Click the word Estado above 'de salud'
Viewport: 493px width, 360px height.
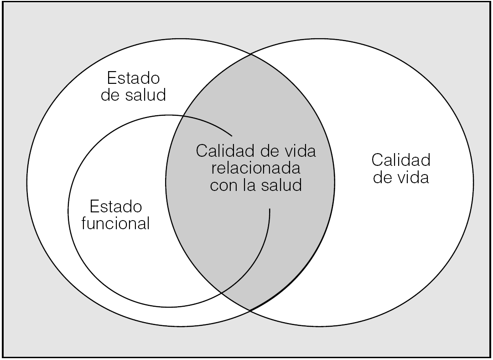(x=133, y=77)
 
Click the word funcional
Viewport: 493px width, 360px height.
(x=116, y=224)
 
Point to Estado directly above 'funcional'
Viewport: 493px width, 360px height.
(x=116, y=206)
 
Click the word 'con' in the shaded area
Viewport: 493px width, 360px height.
(x=221, y=185)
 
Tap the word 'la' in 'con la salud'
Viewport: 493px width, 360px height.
(x=249, y=185)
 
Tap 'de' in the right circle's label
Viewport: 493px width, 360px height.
(x=382, y=177)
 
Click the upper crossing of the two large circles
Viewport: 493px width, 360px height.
(x=250, y=55)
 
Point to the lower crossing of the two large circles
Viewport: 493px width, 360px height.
(x=250, y=311)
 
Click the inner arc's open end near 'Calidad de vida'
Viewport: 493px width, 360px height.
(x=232, y=135)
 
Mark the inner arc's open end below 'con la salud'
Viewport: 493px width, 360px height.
(x=270, y=210)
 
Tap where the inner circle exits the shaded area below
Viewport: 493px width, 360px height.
(x=221, y=292)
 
